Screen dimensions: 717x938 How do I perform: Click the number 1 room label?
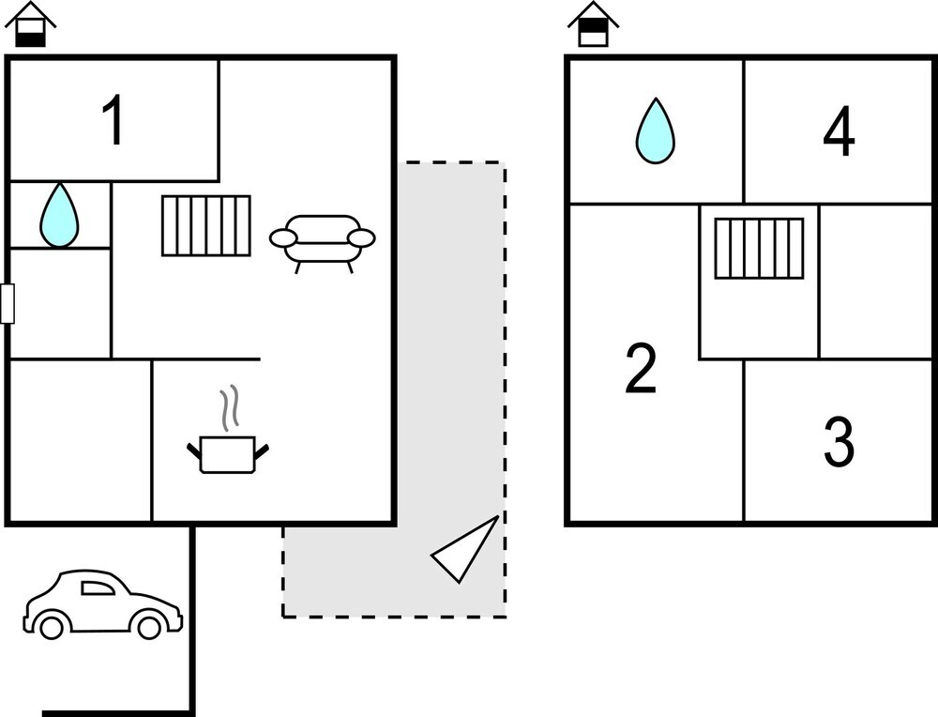click(113, 122)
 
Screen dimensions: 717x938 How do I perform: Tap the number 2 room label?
click(641, 369)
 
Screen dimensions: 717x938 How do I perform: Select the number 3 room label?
click(839, 442)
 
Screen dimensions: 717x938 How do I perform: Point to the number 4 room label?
click(839, 132)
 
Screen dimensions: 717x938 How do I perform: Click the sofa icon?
click(322, 240)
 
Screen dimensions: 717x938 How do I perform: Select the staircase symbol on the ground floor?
click(206, 225)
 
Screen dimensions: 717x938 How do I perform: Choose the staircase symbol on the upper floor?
click(759, 248)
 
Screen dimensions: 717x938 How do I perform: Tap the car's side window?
click(97, 588)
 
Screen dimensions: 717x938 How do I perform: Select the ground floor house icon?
click(31, 24)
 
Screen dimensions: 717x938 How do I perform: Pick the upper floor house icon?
click(593, 24)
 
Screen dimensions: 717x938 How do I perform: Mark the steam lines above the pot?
click(228, 409)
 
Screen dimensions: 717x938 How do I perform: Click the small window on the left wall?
click(8, 304)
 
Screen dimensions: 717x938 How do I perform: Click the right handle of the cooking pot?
click(263, 451)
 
